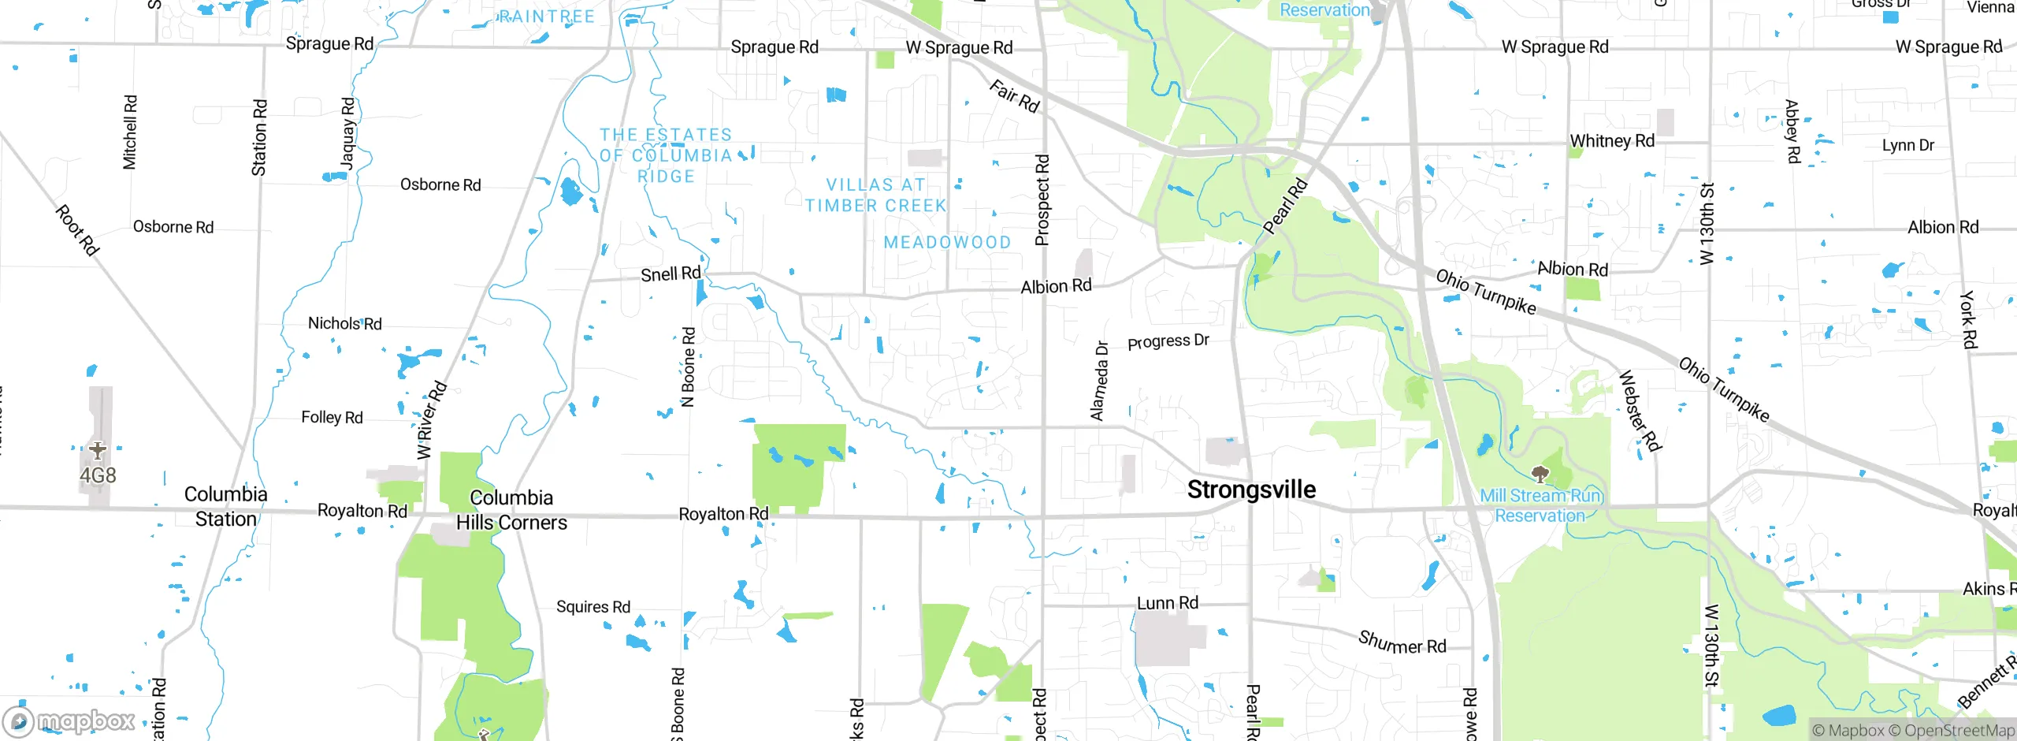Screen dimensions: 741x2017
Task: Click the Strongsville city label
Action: (1251, 490)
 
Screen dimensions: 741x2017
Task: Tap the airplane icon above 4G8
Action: (97, 450)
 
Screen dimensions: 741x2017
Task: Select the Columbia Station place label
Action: (225, 507)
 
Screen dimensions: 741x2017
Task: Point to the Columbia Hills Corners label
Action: (511, 510)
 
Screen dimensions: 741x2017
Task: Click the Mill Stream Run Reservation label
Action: (1540, 505)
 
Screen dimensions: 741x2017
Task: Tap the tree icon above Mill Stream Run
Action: (1540, 474)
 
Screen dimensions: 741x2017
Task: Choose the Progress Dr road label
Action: (1168, 341)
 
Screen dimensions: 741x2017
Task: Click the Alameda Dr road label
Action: (1099, 381)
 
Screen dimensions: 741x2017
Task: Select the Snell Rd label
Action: (670, 274)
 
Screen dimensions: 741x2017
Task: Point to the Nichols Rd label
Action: (344, 323)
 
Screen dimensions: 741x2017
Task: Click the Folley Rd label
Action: (332, 417)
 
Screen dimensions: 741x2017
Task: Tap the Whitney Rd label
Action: (1612, 141)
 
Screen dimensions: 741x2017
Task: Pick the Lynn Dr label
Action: (1907, 145)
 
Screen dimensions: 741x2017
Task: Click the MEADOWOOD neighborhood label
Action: (947, 242)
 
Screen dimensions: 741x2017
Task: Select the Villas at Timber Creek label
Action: (875, 195)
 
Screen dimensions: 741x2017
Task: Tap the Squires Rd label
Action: (593, 606)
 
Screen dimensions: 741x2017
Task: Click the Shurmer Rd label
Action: (1402, 642)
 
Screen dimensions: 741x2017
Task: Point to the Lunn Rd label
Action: (1167, 603)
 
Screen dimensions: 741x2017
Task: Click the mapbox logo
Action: (69, 721)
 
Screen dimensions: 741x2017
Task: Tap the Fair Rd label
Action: (1014, 96)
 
